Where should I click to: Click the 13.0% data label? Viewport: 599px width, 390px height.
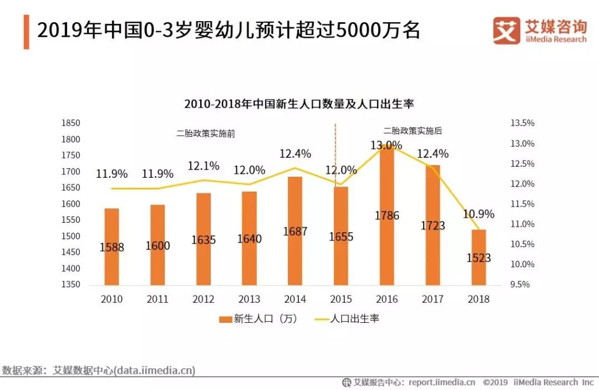387,146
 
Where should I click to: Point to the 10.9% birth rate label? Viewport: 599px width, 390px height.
479,214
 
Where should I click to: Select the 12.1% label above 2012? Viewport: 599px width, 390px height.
204,166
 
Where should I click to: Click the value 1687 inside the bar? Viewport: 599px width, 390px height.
295,232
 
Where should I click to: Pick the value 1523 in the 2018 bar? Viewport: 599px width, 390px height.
479,258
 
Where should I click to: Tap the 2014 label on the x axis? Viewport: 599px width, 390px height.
295,299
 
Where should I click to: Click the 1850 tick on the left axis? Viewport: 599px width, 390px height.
71,123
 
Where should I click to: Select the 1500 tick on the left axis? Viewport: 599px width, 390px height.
71,236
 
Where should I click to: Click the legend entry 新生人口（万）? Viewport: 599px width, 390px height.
258,319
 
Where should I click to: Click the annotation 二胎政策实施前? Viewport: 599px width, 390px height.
206,134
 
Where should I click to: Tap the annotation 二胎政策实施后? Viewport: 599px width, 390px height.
413,131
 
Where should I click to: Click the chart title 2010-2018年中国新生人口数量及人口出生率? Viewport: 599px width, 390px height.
299,104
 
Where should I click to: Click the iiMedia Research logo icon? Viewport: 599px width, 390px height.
506,31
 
